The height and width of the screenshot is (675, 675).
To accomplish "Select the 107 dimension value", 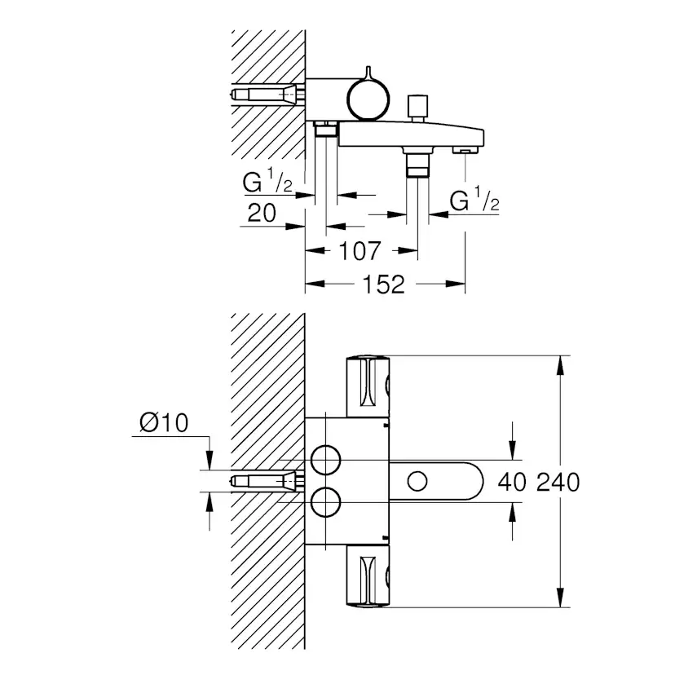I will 360,250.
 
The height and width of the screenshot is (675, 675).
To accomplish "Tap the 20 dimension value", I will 261,214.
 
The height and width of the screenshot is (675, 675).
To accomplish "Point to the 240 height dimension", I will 558,482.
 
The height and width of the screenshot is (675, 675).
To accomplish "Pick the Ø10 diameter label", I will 164,423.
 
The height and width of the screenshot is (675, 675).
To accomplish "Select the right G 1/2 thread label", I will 474,201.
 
